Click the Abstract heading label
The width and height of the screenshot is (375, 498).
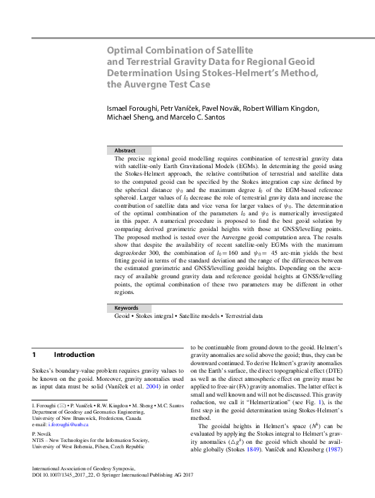[126, 150]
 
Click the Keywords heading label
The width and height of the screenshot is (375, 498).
[126, 308]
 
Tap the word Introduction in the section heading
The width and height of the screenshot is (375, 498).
[74, 355]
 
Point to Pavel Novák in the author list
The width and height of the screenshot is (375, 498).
[213, 108]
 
